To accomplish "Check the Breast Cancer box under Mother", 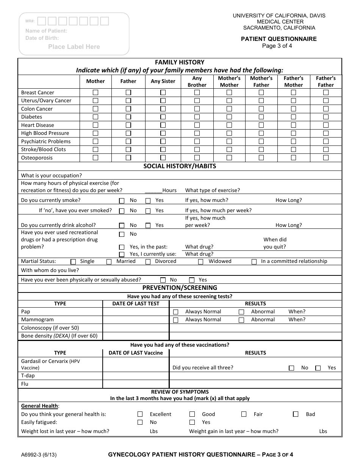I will click(x=95, y=92).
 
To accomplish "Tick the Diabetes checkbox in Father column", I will click(x=128, y=117).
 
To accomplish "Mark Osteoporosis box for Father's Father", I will click(x=326, y=158).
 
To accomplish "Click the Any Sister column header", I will click(x=163, y=81).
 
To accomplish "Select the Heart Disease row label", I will click(x=38, y=125).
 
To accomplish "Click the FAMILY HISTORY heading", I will click(x=180, y=62).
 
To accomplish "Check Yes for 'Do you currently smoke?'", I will click(x=148, y=200).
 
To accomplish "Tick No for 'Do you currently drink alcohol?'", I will click(x=122, y=225).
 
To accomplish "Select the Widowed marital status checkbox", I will click(x=201, y=261).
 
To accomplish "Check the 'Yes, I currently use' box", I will click(x=122, y=255).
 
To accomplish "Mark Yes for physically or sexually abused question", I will click(x=192, y=280).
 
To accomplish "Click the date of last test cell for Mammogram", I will click(x=136, y=320).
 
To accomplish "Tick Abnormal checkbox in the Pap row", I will click(x=241, y=312).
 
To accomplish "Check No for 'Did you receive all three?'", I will click(x=291, y=368).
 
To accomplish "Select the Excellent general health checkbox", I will click(x=140, y=414).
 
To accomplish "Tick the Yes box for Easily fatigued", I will click(x=192, y=422).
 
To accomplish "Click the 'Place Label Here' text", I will click(x=74, y=47).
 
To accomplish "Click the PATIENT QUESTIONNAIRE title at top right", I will click(x=279, y=39).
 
